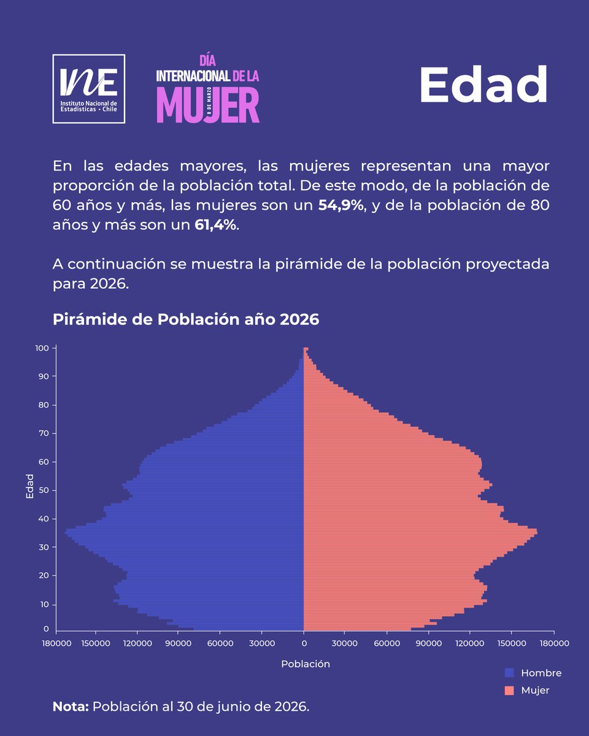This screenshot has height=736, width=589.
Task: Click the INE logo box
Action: click(x=89, y=89)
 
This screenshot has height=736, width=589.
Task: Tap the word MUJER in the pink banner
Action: click(x=207, y=105)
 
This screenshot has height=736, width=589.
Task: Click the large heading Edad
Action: click(x=483, y=85)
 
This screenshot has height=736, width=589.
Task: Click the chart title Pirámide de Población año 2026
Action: click(x=186, y=320)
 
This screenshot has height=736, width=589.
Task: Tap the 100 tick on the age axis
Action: click(x=42, y=348)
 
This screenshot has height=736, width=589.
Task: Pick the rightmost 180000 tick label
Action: click(x=553, y=644)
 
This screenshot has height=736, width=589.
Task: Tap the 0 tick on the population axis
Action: click(x=304, y=644)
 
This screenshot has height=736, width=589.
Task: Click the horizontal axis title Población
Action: click(x=306, y=664)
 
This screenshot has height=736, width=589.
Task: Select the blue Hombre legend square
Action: click(x=509, y=673)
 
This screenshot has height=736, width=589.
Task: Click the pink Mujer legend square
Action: click(x=509, y=691)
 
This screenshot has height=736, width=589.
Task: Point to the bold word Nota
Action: click(x=71, y=707)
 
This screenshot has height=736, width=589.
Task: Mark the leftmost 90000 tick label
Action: click(x=179, y=644)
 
